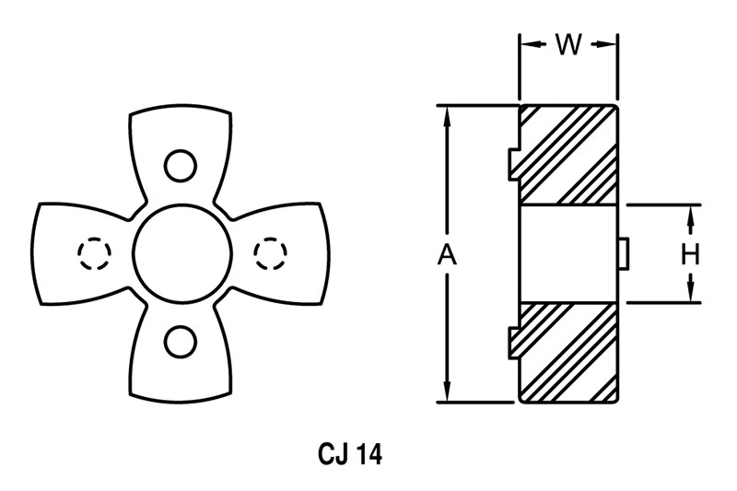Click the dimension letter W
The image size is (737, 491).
click(568, 45)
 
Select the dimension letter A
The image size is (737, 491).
click(448, 255)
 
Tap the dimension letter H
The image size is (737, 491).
click(690, 254)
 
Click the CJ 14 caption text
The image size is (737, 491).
click(350, 454)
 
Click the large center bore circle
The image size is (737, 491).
click(182, 254)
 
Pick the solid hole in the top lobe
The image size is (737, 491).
click(181, 166)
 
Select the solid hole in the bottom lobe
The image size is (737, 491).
click(181, 342)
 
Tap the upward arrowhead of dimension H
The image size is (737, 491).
click(690, 216)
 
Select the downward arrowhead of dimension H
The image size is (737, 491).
click(690, 291)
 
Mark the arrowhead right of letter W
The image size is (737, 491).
click(606, 44)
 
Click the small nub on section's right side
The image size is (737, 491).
click(624, 254)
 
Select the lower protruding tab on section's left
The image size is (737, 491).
click(514, 344)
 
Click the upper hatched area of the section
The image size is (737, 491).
click(568, 155)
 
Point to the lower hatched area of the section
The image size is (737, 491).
click(568, 353)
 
